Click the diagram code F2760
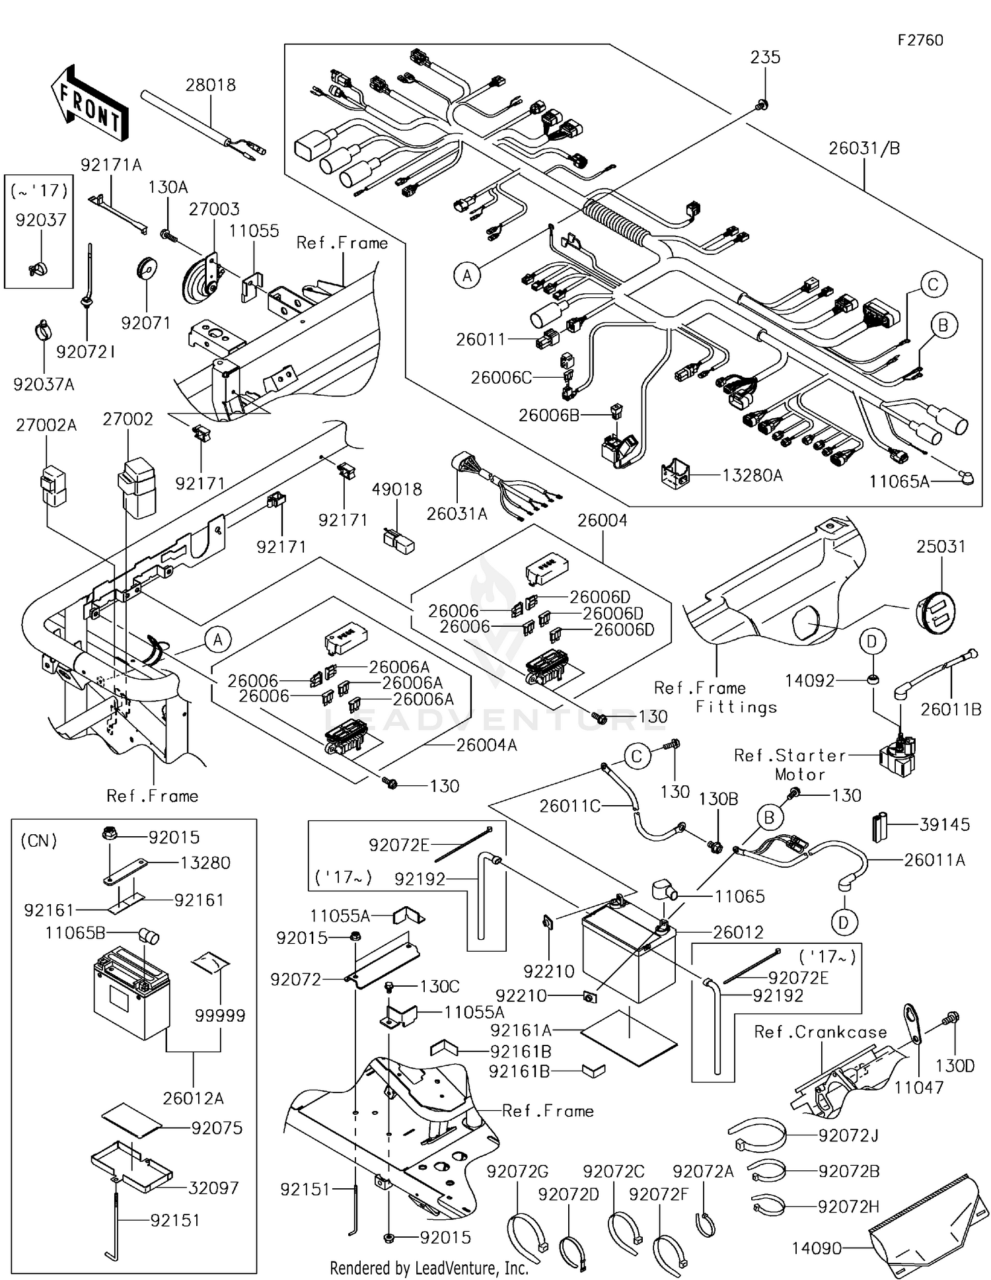point(920,40)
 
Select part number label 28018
point(210,85)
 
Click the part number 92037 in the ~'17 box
point(41,220)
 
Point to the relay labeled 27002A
point(53,486)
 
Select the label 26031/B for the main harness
point(863,149)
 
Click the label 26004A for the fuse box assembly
point(487,745)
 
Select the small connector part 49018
point(398,540)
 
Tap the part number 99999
point(220,1015)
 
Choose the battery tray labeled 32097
point(131,1167)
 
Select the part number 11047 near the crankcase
point(918,1087)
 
